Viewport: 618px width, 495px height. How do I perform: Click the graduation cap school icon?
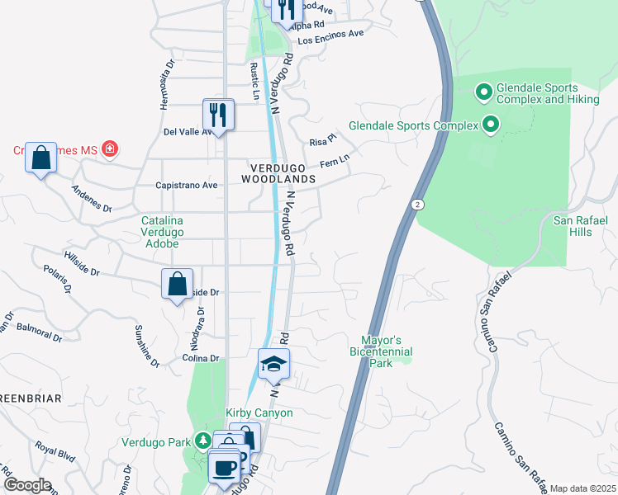pos(273,363)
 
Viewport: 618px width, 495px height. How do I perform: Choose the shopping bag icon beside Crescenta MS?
pos(40,156)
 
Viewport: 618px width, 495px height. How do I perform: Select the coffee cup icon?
pos(223,469)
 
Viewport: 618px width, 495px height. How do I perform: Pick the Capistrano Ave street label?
pos(187,186)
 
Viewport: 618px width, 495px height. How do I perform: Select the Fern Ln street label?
pos(335,163)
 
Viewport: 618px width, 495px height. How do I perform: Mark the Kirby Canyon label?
pos(259,412)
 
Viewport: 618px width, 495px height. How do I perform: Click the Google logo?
pos(26,485)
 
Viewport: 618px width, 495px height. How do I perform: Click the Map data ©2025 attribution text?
pos(582,488)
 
